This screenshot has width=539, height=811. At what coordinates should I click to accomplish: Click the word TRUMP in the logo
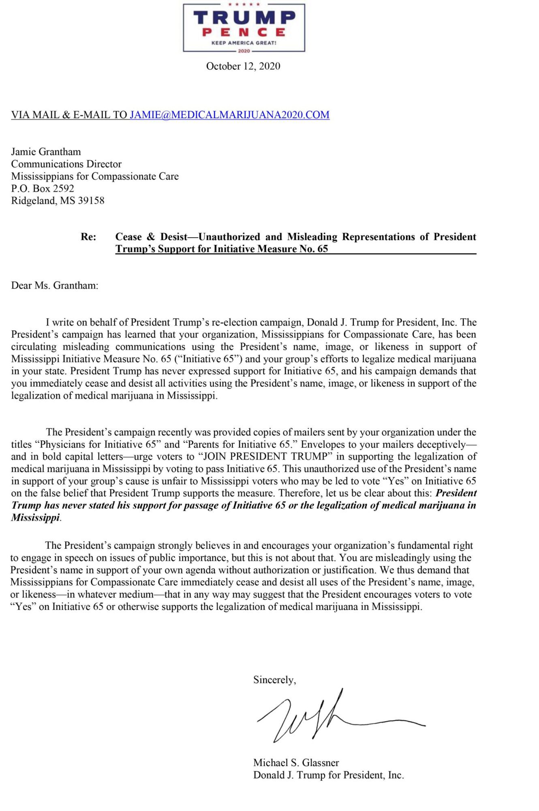tap(244, 17)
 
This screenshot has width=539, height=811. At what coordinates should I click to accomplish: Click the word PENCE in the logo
tap(244, 32)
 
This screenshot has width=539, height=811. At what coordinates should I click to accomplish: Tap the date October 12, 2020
tap(243, 66)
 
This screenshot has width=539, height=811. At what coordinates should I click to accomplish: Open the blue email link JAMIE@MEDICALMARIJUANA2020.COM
tap(229, 115)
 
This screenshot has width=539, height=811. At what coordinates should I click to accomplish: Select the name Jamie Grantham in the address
tap(46, 152)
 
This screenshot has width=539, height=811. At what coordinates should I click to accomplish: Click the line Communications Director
tap(66, 164)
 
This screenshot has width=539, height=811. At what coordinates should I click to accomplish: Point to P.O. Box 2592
tap(43, 188)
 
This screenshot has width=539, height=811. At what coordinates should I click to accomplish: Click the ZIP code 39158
tap(91, 200)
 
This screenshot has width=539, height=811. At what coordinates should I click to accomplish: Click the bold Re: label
tap(88, 237)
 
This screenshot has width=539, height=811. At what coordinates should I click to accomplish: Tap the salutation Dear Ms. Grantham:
tap(55, 285)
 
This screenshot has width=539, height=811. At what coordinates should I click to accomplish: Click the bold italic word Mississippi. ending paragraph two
tap(36, 518)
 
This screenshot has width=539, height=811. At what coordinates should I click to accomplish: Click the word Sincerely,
tap(274, 680)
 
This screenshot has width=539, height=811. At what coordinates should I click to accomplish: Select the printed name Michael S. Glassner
tap(296, 763)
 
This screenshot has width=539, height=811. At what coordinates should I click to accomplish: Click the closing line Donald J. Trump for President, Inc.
tap(328, 775)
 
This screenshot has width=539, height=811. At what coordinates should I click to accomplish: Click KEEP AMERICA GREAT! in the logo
tap(244, 43)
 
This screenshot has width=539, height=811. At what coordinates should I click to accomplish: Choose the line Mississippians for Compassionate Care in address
tap(95, 176)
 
